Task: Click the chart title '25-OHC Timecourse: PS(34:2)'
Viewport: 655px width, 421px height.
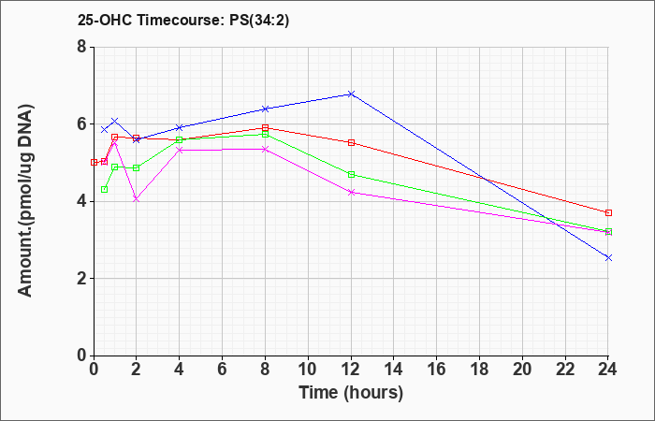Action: [183, 20]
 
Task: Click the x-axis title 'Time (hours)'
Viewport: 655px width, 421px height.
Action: [351, 393]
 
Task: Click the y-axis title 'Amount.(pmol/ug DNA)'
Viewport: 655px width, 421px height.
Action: [25, 200]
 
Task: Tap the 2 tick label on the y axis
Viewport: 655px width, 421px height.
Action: [81, 279]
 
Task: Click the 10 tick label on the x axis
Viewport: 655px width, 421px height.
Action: [308, 370]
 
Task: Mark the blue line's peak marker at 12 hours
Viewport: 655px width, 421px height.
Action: [351, 94]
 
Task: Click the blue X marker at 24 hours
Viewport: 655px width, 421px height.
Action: [608, 257]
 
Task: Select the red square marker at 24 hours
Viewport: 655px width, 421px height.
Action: [608, 213]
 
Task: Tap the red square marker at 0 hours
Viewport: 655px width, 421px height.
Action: [94, 162]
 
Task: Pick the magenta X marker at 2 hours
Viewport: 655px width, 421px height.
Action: [137, 198]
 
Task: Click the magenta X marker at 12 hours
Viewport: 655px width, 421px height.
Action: [351, 192]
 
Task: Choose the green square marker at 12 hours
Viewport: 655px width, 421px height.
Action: [351, 174]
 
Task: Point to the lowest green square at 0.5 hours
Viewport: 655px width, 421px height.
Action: [105, 189]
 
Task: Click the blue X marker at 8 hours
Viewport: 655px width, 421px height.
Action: [265, 109]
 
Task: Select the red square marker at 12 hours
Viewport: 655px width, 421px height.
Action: [351, 142]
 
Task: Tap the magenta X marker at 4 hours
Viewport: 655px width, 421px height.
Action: [180, 150]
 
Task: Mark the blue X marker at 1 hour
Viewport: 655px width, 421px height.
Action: [115, 121]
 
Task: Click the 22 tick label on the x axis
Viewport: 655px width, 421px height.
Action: [565, 370]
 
